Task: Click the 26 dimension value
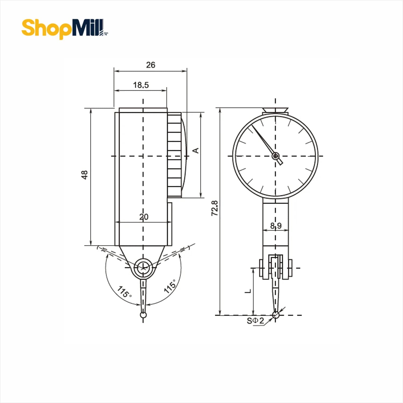(x=151, y=65)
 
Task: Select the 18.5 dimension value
(x=141, y=85)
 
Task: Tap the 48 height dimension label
(x=84, y=175)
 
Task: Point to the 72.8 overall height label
(x=215, y=208)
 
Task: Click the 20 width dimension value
(x=144, y=217)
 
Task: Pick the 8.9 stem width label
(x=276, y=226)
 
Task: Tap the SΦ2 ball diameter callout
(x=256, y=321)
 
